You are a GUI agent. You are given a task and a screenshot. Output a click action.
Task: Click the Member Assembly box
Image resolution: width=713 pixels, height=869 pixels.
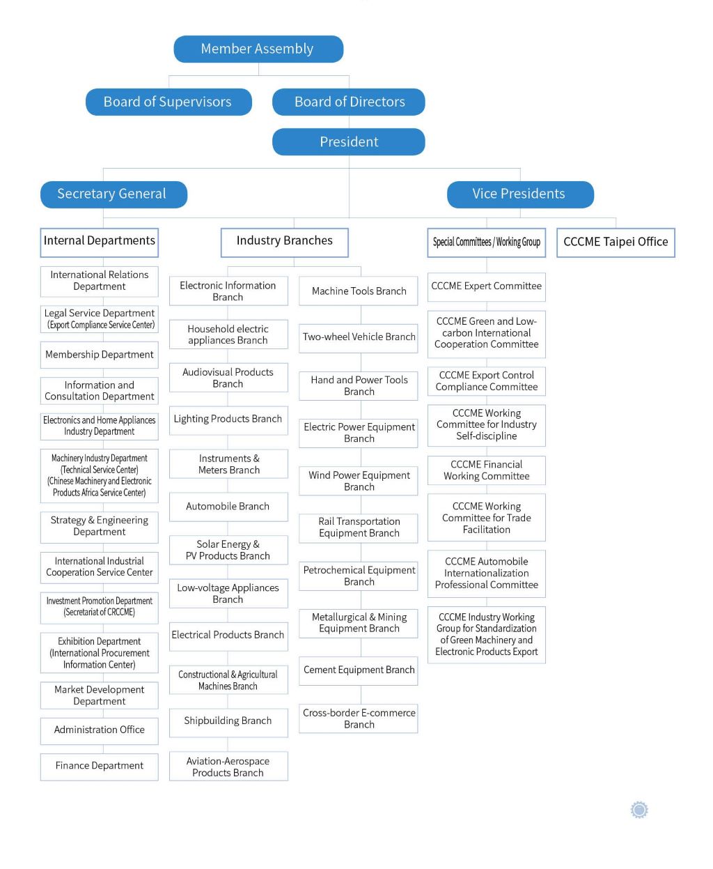[x=258, y=49]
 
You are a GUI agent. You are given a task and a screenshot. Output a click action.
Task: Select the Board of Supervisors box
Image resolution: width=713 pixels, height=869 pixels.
[x=169, y=102]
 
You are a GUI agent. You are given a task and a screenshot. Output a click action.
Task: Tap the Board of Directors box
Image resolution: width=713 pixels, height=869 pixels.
[x=348, y=102]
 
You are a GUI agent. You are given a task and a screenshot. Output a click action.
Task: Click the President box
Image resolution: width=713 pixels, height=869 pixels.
[x=348, y=141]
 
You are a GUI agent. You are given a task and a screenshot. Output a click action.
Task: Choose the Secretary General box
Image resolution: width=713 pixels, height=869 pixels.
[x=113, y=194]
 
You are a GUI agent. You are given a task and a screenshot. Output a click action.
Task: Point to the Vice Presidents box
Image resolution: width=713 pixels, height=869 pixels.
[x=520, y=194]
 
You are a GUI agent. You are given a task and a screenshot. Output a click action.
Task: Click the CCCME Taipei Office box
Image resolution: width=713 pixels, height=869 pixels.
[x=616, y=243]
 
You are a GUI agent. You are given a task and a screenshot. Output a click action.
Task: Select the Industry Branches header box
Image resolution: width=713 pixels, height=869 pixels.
[x=285, y=243]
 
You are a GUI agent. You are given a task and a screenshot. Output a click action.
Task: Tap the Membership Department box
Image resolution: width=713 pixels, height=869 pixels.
[x=99, y=355]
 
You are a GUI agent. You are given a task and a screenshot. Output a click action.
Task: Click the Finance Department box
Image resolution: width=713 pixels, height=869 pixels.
[x=99, y=767]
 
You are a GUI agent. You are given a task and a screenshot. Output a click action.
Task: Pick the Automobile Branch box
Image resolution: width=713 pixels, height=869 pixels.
[x=228, y=507]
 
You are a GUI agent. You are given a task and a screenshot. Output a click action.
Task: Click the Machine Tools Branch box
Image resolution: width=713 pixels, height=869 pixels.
[x=358, y=291]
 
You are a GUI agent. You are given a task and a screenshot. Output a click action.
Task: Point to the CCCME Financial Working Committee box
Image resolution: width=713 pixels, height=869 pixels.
[x=486, y=470]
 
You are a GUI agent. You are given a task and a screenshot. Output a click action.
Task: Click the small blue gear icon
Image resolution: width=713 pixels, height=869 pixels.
[x=639, y=810]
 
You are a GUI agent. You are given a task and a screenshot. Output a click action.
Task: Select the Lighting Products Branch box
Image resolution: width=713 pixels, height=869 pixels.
[x=228, y=420]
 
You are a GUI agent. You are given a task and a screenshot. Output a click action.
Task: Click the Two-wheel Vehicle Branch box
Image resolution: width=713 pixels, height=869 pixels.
[x=358, y=338]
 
